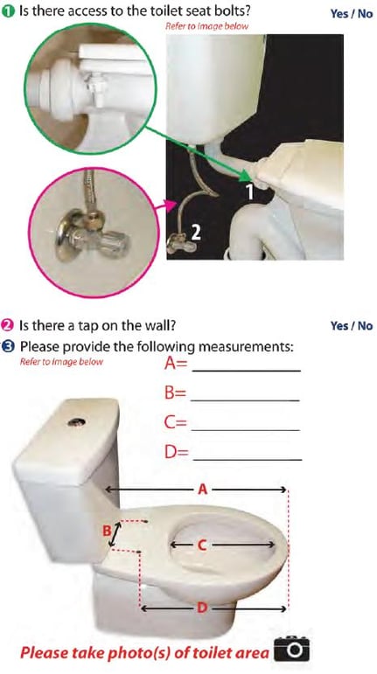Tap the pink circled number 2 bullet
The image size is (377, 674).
coord(8,326)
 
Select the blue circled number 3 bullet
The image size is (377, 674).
coord(8,344)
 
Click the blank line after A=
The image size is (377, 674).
coord(246,370)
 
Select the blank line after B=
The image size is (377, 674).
coord(246,400)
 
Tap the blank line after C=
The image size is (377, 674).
coord(246,429)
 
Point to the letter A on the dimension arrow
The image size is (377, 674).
coord(202,490)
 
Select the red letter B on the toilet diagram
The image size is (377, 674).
coord(105,530)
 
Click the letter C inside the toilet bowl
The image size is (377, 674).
coord(201,545)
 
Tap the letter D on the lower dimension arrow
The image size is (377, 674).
coord(202,608)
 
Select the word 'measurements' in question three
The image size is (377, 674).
coord(250,346)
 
